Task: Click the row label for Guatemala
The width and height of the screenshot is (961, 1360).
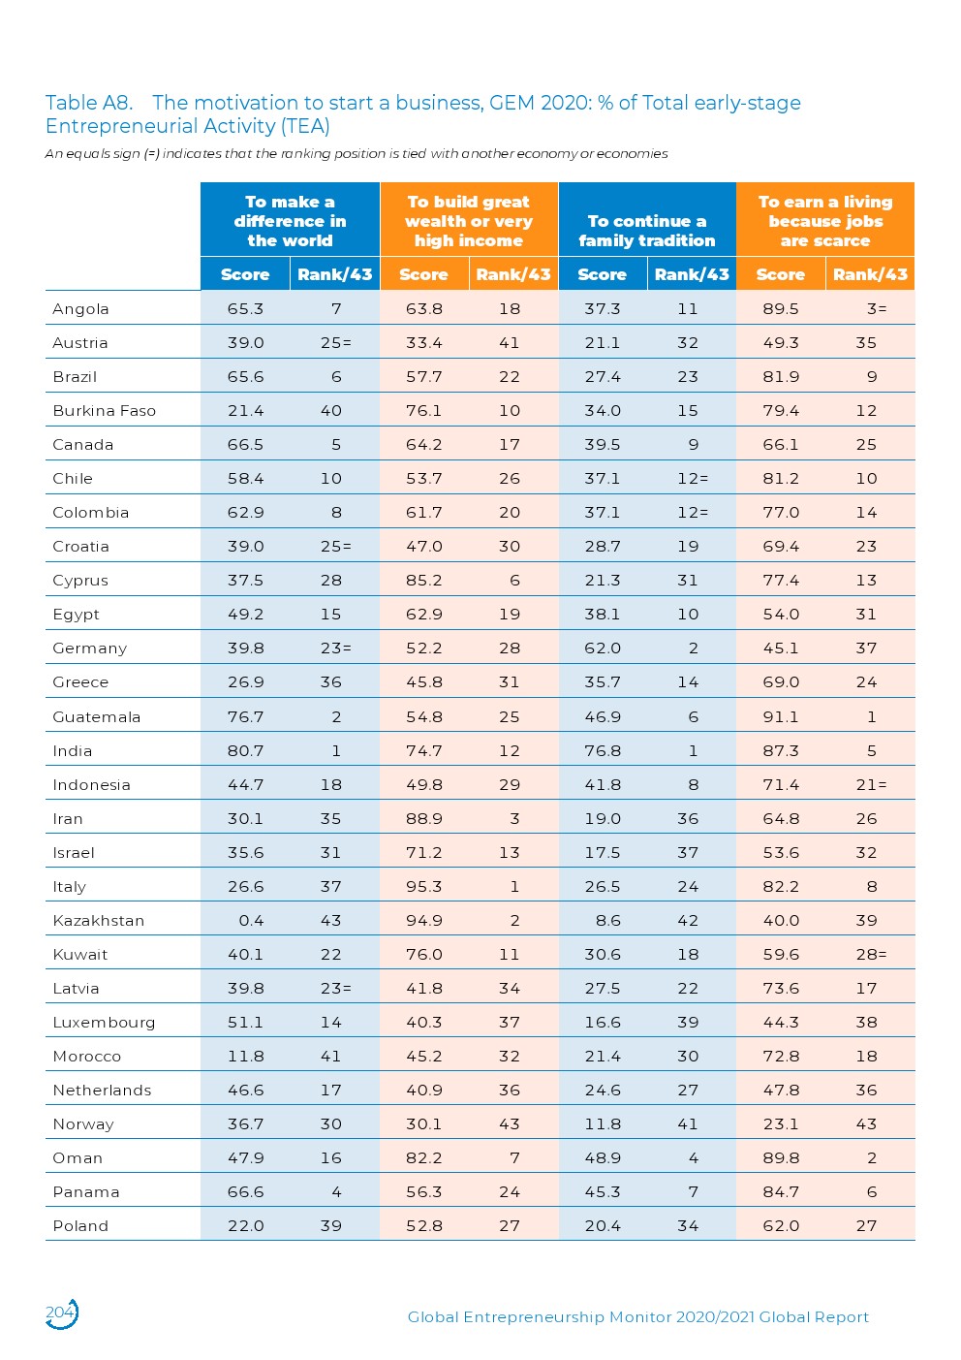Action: pyautogui.click(x=96, y=716)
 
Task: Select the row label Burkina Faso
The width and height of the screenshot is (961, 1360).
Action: pyautogui.click(x=104, y=410)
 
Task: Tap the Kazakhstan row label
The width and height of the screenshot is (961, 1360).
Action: pyautogui.click(x=98, y=920)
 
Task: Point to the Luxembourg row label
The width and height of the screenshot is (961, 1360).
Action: pyautogui.click(x=104, y=1022)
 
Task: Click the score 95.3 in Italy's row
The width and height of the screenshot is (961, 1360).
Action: pyautogui.click(x=423, y=886)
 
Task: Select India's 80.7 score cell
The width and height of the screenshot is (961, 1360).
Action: pyautogui.click(x=245, y=750)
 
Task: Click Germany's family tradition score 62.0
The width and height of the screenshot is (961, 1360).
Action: pyautogui.click(x=602, y=648)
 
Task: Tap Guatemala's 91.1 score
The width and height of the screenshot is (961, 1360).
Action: pyautogui.click(x=780, y=716)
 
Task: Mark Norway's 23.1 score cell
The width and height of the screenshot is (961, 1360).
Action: pyautogui.click(x=780, y=1123)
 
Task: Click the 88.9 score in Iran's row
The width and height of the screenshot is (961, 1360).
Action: pyautogui.click(x=423, y=818)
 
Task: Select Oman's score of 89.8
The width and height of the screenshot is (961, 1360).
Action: pyautogui.click(x=780, y=1157)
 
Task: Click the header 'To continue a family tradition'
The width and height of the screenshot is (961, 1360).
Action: pyautogui.click(x=646, y=231)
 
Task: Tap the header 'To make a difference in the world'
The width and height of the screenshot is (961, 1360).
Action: pyautogui.click(x=290, y=221)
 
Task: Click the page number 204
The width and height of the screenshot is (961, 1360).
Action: pyautogui.click(x=60, y=1313)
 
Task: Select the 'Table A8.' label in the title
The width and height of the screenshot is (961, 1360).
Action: pyautogui.click(x=88, y=103)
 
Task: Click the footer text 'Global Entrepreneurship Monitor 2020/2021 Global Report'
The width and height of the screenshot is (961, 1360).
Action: pyautogui.click(x=637, y=1316)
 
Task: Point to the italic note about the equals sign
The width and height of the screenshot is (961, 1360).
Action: pyautogui.click(x=356, y=153)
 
